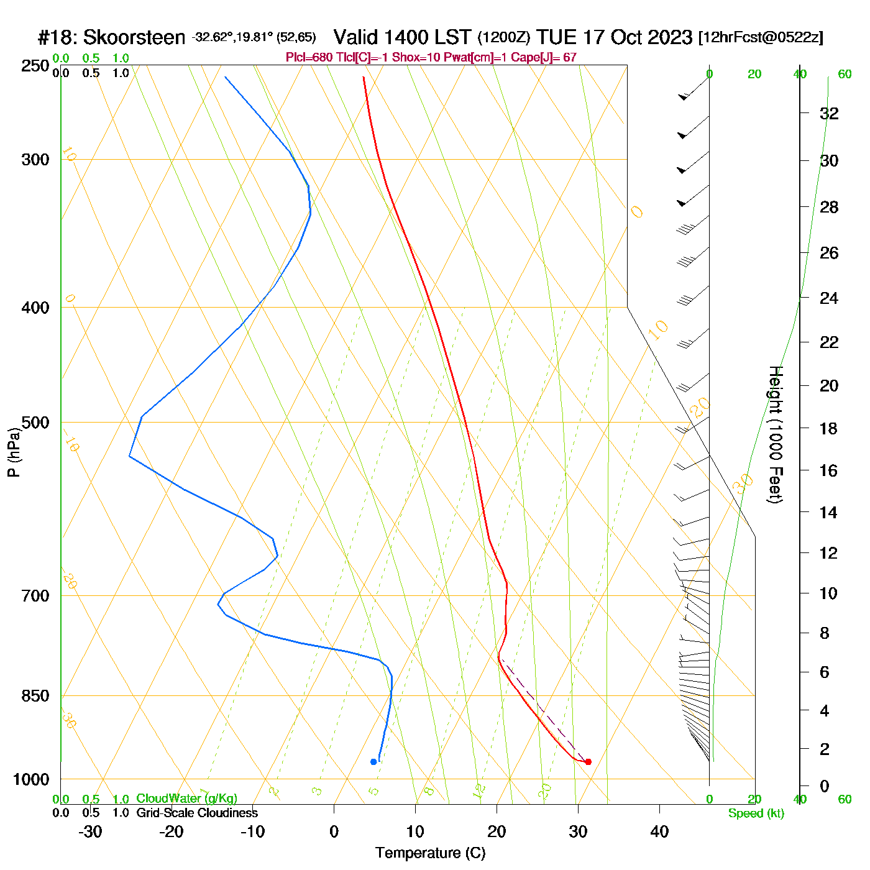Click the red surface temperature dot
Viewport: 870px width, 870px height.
point(588,762)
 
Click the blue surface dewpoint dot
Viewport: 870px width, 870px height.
point(373,762)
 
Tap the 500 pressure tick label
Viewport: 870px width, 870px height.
point(35,423)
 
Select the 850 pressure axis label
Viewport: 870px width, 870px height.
point(35,696)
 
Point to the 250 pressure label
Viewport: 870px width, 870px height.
point(35,66)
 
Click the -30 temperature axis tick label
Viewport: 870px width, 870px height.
point(90,831)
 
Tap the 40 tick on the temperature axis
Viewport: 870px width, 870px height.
point(659,831)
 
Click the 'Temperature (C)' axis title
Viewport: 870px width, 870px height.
point(430,853)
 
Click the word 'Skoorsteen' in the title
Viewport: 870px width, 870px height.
point(134,38)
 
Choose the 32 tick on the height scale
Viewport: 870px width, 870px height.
point(829,113)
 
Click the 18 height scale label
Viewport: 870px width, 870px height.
point(829,428)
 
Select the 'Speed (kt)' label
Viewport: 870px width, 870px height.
point(756,813)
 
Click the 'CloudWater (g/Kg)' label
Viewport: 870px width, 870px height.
point(186,799)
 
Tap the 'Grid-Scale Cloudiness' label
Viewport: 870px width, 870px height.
point(197,813)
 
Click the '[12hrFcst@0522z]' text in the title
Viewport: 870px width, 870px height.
point(761,37)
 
